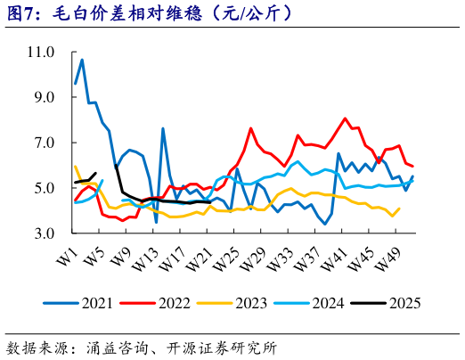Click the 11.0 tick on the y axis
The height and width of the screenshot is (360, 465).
40,53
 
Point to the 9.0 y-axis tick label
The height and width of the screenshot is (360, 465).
44,98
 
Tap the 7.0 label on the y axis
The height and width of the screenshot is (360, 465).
44,143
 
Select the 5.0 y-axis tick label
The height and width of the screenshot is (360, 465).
44,189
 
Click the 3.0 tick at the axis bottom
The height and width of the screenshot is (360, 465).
44,234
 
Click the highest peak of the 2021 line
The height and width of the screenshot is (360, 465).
82,60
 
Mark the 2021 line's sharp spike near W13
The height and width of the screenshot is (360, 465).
163,128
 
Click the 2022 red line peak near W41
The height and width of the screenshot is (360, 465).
345,118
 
